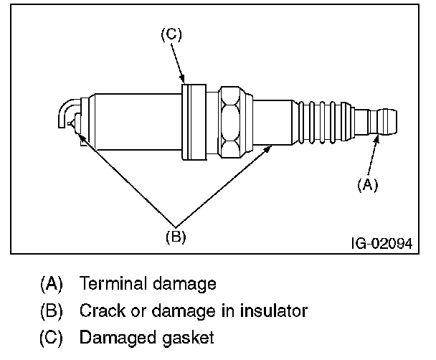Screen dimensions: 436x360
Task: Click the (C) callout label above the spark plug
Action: click(171, 34)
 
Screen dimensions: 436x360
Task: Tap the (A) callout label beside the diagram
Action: click(368, 184)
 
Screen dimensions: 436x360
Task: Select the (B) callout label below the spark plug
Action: click(176, 237)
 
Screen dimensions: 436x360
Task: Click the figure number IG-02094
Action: click(382, 244)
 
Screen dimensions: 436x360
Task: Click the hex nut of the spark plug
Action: click(229, 123)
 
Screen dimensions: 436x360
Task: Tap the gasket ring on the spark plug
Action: click(194, 122)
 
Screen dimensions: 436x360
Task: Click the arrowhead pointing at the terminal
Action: click(376, 138)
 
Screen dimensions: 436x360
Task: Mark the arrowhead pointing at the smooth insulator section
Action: click(267, 148)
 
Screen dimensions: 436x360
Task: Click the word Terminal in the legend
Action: click(113, 283)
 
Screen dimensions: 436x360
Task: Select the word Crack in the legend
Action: click(102, 311)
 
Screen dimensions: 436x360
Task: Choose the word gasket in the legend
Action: click(188, 338)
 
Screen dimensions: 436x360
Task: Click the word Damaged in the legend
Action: click(118, 338)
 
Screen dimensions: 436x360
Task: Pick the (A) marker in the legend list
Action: click(52, 284)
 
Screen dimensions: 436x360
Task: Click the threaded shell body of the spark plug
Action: click(138, 122)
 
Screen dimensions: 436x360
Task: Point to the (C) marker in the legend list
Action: click(51, 338)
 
